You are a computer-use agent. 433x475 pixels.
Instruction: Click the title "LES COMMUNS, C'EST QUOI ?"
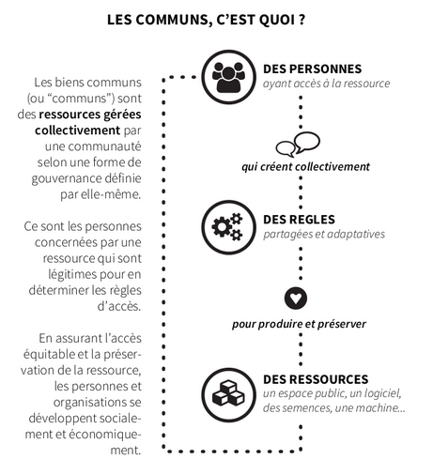206,20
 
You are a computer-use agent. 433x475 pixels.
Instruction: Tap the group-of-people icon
228,77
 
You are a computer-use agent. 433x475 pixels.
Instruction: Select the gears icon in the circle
228,227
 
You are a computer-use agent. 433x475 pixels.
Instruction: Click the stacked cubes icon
228,395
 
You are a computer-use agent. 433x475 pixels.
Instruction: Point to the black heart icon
296,299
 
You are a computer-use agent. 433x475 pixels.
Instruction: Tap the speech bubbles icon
298,145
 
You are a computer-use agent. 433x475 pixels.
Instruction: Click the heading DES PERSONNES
313,69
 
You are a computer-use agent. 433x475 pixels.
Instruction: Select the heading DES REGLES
299,220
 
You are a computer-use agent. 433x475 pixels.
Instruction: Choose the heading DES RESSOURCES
316,379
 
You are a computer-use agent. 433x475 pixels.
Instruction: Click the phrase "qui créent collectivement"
305,166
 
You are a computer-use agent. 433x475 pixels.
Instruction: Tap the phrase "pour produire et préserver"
299,324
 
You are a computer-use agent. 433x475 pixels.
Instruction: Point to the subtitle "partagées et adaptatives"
324,235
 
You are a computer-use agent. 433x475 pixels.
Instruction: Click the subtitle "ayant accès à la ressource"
327,84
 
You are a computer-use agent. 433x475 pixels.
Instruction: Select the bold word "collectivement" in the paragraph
78,130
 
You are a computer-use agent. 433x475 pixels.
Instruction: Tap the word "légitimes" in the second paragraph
69,275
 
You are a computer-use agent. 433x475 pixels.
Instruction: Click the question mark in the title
302,20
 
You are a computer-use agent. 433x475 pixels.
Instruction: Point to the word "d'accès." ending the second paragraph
119,306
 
